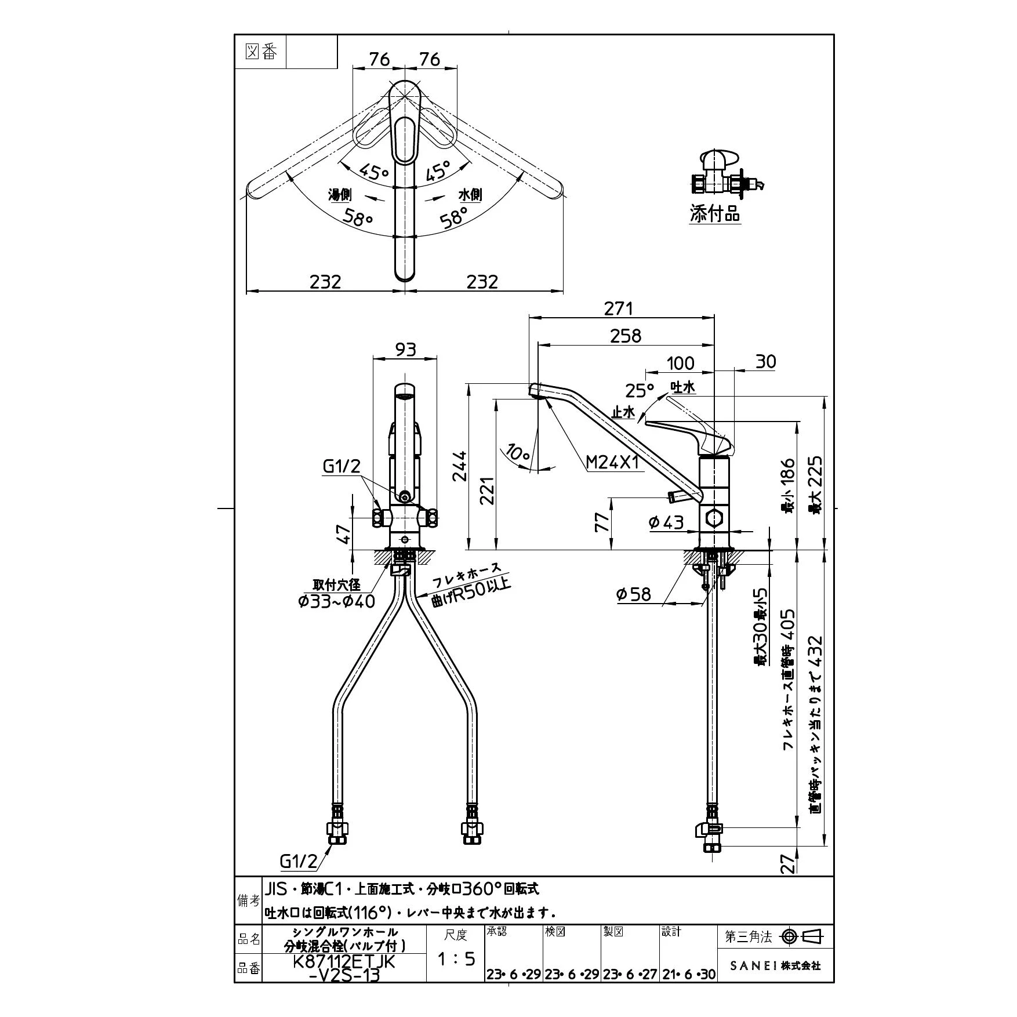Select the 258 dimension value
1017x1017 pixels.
click(x=626, y=336)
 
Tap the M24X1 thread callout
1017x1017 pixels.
click(x=612, y=462)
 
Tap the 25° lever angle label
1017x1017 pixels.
click(x=639, y=390)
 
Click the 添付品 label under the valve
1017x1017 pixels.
click(x=714, y=214)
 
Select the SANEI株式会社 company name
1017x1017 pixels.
click(x=775, y=965)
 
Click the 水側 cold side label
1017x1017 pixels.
click(x=470, y=195)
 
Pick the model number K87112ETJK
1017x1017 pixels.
click(x=344, y=961)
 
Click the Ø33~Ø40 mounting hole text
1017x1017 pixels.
click(x=336, y=601)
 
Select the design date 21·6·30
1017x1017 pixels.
click(x=689, y=975)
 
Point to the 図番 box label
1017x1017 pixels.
click(x=261, y=52)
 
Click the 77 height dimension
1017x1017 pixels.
click(x=603, y=522)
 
